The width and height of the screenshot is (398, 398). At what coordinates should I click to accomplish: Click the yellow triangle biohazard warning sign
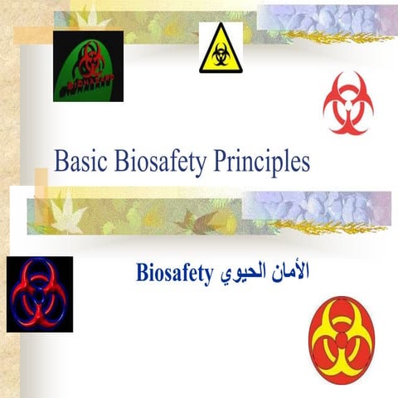click(221, 51)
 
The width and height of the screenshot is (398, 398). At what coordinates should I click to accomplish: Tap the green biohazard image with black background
click(88, 66)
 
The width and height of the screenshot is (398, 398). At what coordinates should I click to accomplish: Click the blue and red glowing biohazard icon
click(39, 294)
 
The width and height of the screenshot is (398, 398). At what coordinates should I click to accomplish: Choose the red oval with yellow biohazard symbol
click(341, 343)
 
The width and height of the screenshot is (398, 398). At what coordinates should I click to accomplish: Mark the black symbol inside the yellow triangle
click(221, 55)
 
